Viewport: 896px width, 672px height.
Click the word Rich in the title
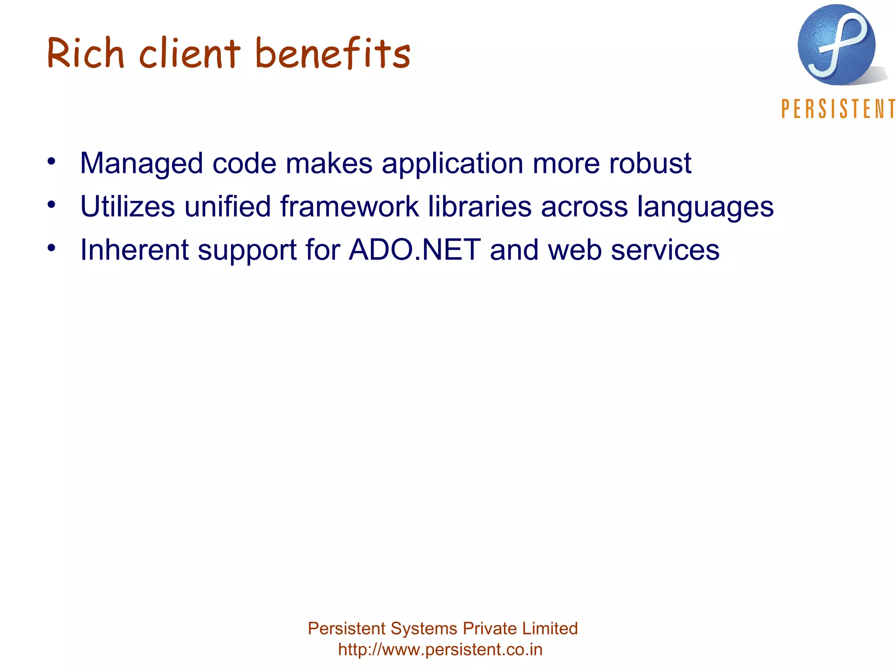86,53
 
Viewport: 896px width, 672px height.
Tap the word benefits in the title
332,53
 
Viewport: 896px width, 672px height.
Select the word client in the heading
190,53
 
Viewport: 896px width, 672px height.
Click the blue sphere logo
836,45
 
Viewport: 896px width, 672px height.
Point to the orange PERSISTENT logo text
838,109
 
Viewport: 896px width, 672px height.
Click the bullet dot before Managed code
52,161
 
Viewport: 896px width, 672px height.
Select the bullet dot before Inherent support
52,248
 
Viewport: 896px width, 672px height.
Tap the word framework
350,206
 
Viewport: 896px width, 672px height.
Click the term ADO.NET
415,250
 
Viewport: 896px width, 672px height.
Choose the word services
665,250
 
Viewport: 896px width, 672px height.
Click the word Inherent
135,250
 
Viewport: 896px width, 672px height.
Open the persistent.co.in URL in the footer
440,649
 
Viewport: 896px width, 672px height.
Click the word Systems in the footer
423,629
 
